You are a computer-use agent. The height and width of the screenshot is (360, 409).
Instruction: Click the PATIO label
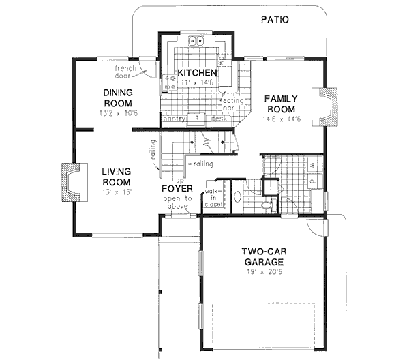pyautogui.click(x=275, y=19)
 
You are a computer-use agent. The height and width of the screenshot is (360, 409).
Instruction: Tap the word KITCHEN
pyautogui.click(x=197, y=73)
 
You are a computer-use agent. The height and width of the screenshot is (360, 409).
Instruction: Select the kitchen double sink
pyautogui.click(x=198, y=42)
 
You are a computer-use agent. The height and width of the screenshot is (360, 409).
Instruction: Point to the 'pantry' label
pyautogui.click(x=175, y=117)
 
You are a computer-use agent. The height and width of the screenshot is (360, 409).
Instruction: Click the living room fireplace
pyautogui.click(x=70, y=182)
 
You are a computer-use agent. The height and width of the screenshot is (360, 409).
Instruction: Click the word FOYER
pyautogui.click(x=175, y=188)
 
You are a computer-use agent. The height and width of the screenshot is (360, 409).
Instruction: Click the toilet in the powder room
pyautogui.click(x=267, y=203)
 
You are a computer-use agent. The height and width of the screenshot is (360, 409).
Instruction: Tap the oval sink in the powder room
pyautogui.click(x=237, y=198)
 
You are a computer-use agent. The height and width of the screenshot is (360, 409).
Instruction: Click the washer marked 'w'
pyautogui.click(x=311, y=166)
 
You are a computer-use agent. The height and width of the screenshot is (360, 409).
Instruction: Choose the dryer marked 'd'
pyautogui.click(x=311, y=182)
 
